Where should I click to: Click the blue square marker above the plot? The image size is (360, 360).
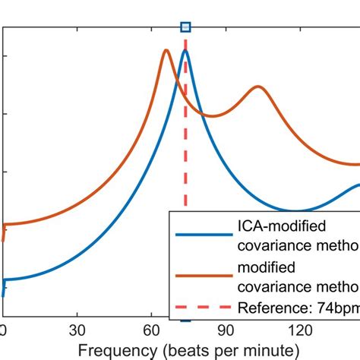point(185,27)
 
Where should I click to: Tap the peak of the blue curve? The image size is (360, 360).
point(185,51)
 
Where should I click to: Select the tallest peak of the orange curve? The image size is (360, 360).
point(166,51)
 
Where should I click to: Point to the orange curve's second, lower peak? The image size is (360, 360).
point(258,87)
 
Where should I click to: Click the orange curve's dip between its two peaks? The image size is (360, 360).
point(213,116)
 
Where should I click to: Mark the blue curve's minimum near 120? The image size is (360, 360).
point(297,210)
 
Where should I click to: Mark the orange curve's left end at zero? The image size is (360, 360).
point(5,228)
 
